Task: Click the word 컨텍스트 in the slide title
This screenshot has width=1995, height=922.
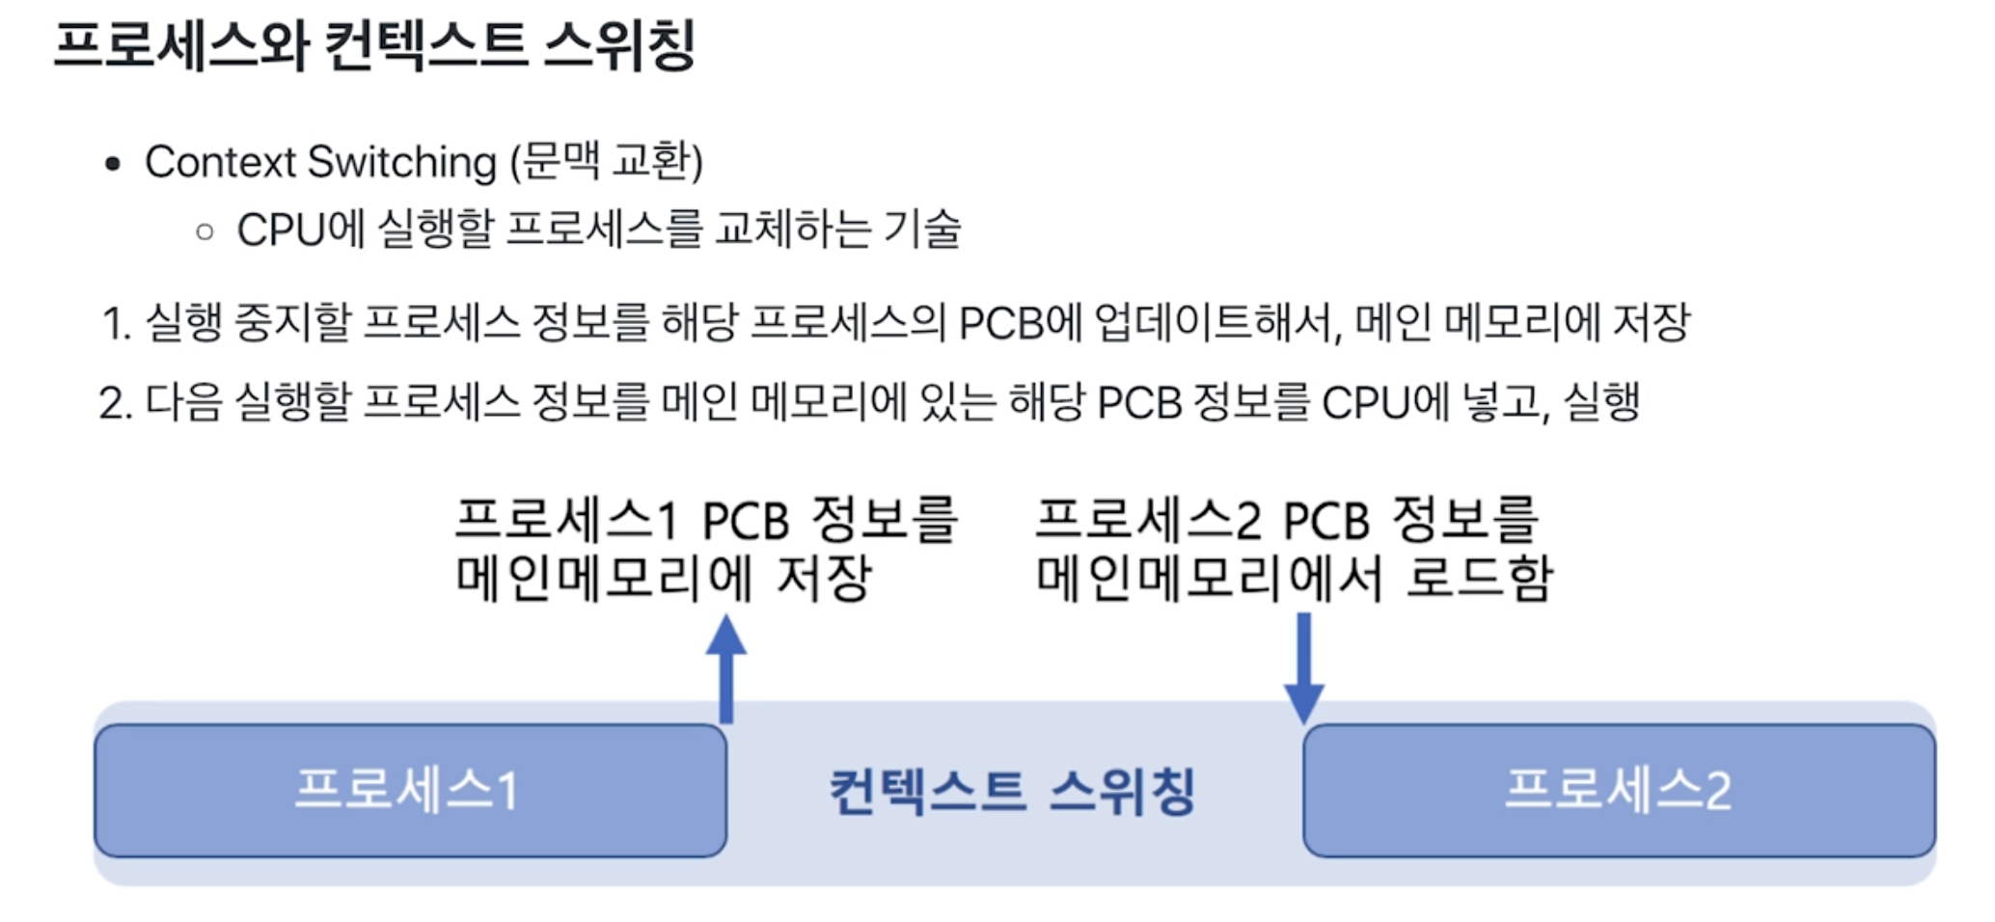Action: [425, 45]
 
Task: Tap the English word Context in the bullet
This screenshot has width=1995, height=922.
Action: [220, 162]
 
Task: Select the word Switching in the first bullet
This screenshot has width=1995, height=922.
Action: [401, 162]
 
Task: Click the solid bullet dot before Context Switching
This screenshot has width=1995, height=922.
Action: [113, 164]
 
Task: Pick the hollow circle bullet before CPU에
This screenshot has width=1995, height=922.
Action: [205, 231]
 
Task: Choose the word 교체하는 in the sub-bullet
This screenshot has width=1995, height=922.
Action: [792, 229]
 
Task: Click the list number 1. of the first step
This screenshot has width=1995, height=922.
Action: [116, 323]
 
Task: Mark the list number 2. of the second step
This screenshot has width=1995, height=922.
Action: [116, 403]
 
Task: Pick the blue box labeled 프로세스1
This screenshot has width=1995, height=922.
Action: [410, 790]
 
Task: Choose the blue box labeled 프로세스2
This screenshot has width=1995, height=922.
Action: [1618, 790]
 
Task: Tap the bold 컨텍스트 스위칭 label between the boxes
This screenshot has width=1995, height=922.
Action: [1013, 791]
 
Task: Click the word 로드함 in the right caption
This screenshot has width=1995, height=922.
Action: [1478, 578]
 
